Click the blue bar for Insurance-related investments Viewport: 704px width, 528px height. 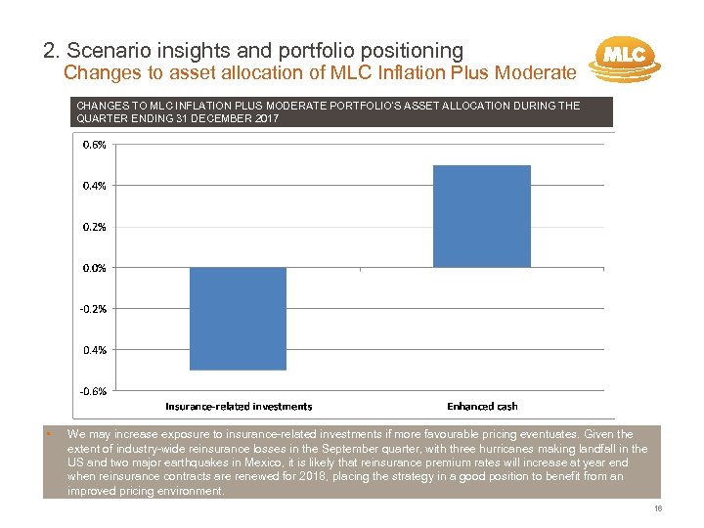(x=238, y=319)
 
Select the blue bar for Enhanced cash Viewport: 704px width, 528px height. (x=481, y=216)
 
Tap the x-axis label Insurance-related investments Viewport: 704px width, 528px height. (x=239, y=406)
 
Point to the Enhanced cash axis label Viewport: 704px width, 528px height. (x=482, y=406)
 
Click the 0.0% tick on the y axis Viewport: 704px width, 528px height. (x=95, y=267)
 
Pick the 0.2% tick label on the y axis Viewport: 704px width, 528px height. (x=95, y=226)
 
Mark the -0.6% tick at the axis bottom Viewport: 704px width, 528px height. (x=94, y=390)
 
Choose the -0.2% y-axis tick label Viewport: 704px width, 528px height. (x=94, y=308)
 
